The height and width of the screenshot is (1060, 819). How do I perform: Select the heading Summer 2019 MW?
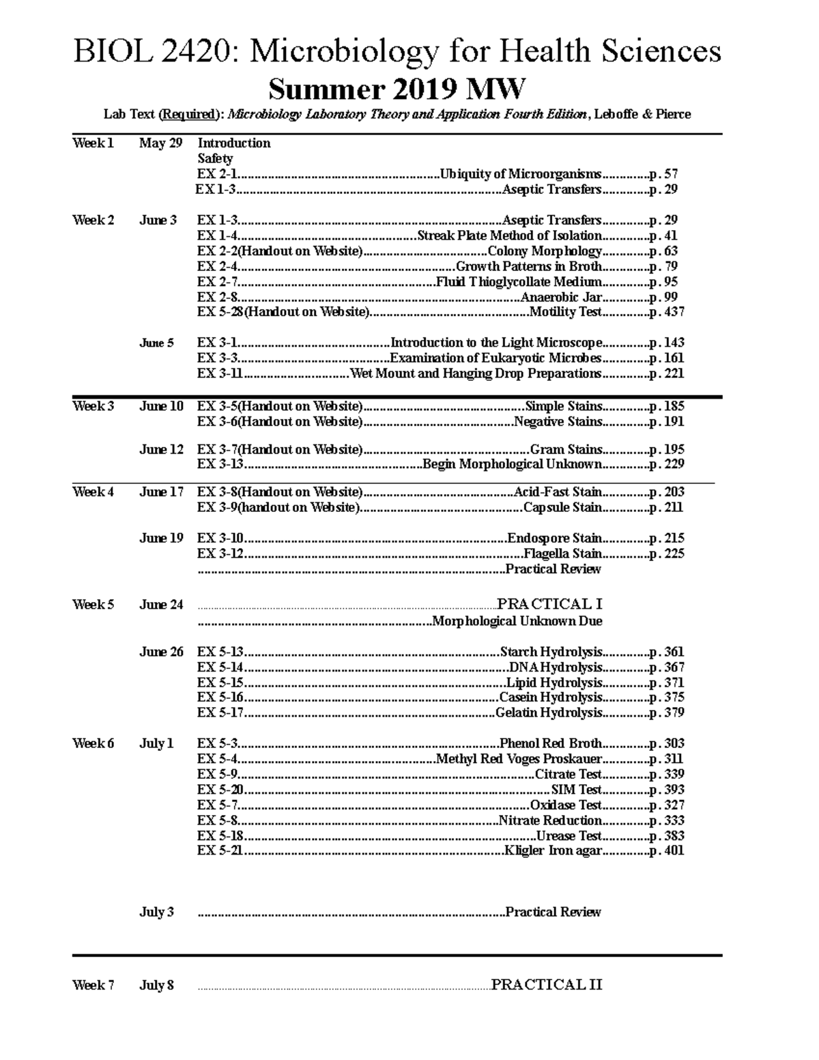[397, 89]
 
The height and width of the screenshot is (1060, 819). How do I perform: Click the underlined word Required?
[188, 115]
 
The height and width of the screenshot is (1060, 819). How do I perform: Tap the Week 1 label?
[93, 143]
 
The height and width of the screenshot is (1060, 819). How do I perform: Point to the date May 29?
[160, 143]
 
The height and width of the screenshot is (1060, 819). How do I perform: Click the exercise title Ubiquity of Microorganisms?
[521, 174]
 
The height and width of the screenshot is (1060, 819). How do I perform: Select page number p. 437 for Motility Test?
[666, 312]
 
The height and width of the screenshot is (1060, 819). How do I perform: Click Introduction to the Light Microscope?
[496, 343]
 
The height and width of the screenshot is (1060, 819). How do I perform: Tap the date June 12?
[162, 449]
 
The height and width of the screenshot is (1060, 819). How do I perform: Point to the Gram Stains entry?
[566, 449]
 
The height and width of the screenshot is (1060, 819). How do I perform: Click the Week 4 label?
[93, 492]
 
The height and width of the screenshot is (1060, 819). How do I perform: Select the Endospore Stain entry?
[554, 539]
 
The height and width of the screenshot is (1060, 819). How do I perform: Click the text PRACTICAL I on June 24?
[549, 604]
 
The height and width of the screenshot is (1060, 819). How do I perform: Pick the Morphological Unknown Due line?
[517, 621]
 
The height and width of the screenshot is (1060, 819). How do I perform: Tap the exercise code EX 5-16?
[220, 698]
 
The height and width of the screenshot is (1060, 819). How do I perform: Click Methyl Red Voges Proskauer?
[519, 759]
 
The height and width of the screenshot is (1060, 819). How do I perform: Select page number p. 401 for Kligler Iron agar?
[666, 851]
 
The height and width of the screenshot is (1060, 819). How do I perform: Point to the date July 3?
[157, 913]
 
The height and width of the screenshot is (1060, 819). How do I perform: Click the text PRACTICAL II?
[547, 985]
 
